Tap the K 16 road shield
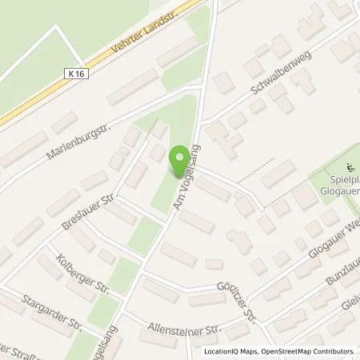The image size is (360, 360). (73, 73)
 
